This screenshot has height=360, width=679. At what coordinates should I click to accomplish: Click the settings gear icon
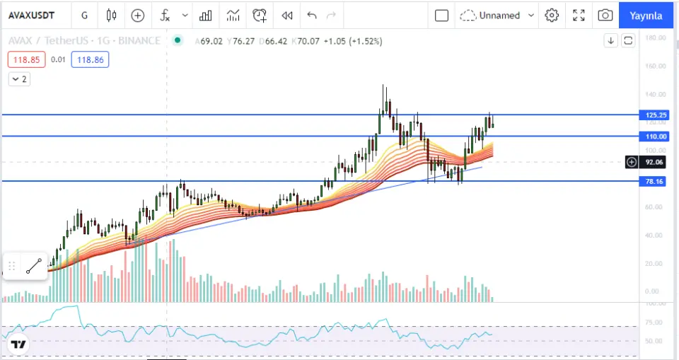point(552,15)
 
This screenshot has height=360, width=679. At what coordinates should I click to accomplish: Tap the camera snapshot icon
point(605,15)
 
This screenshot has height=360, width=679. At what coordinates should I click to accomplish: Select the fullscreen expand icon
point(579,15)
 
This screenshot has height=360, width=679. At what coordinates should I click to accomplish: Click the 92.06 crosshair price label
point(654,162)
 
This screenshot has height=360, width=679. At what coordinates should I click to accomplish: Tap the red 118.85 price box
point(26,60)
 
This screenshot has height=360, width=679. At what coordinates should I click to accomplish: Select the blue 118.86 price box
point(91,60)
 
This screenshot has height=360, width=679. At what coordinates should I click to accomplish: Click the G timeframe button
point(84,15)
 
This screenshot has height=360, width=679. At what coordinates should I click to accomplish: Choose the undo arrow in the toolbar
point(312,15)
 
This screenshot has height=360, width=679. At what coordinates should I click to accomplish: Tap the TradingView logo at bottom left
point(18,345)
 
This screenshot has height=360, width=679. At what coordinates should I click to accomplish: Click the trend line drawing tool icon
point(34,266)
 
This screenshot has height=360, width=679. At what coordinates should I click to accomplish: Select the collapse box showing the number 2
point(19,79)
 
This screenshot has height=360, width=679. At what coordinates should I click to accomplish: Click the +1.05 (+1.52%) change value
point(353,41)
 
